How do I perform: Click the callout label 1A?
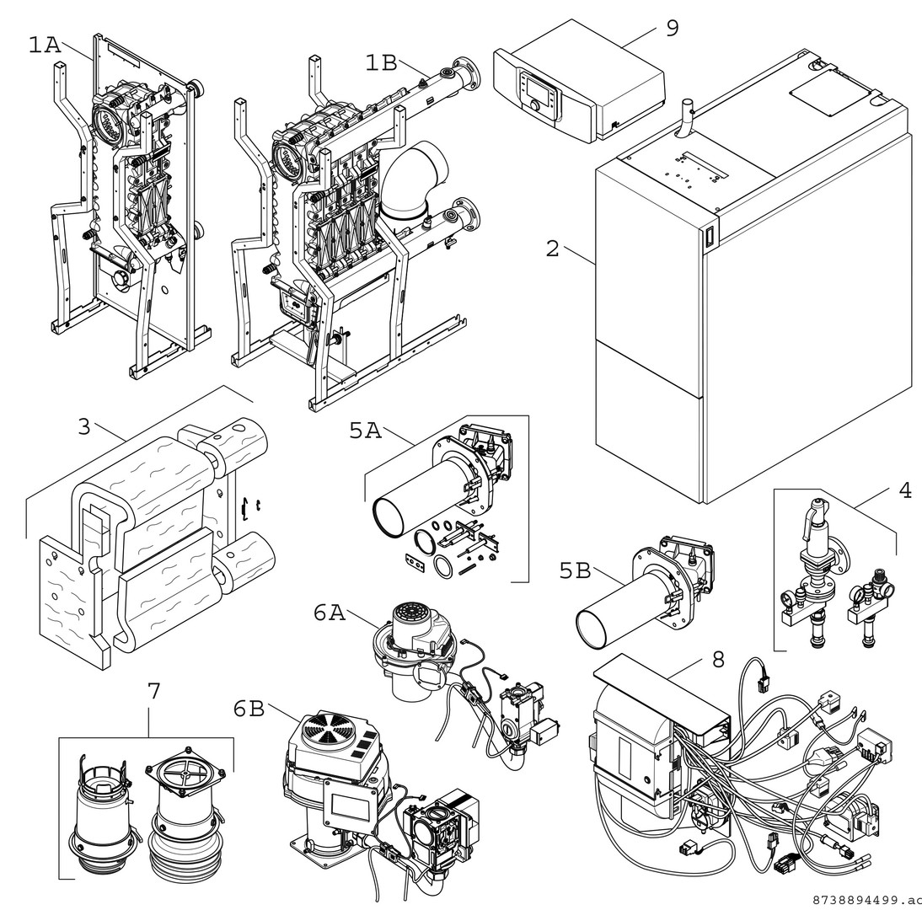pyautogui.click(x=45, y=45)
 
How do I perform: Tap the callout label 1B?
pyautogui.click(x=381, y=62)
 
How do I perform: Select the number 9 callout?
pyautogui.click(x=672, y=28)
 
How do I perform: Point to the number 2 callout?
pyautogui.click(x=552, y=249)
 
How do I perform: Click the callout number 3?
pyautogui.click(x=83, y=426)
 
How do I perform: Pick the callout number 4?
pyautogui.click(x=905, y=490)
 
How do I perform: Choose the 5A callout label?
pyautogui.click(x=366, y=431)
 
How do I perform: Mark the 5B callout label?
pyautogui.click(x=576, y=570)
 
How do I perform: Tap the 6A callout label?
pyautogui.click(x=330, y=613)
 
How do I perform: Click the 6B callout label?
pyautogui.click(x=249, y=709)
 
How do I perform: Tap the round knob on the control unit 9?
pyautogui.click(x=533, y=106)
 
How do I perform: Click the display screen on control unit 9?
pyautogui.click(x=537, y=87)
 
